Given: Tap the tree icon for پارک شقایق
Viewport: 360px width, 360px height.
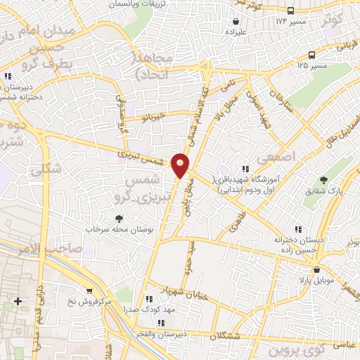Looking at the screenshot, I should coord(323,181).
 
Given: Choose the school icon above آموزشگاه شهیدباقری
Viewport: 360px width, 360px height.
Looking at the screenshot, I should coord(245,169).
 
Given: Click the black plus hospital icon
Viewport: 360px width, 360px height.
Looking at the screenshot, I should coord(18,302).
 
